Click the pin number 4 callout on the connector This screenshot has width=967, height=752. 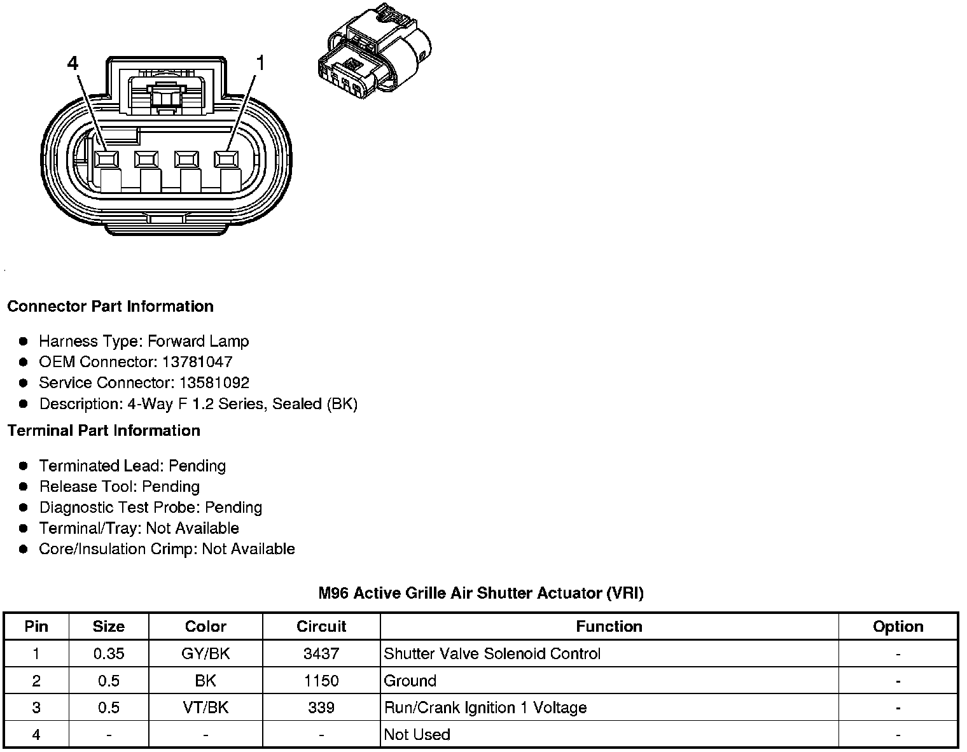click(x=73, y=64)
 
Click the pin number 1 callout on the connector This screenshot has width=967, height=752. click(x=260, y=63)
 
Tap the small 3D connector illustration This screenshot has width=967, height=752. click(x=374, y=51)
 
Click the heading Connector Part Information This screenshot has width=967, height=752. click(x=110, y=306)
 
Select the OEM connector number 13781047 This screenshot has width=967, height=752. click(x=197, y=362)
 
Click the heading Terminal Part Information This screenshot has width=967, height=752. click(x=104, y=431)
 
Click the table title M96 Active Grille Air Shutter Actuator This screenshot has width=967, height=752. click(x=481, y=593)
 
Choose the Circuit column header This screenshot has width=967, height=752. click(x=321, y=627)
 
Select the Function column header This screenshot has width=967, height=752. click(x=609, y=627)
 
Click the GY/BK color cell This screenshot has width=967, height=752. click(x=205, y=653)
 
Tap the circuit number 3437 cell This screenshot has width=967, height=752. click(x=321, y=653)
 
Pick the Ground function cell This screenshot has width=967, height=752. click(x=410, y=681)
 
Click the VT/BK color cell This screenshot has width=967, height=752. click(x=205, y=707)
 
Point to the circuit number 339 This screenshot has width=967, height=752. click(x=321, y=707)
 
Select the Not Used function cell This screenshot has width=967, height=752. click(x=417, y=735)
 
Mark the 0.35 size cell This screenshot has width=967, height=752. click(x=109, y=653)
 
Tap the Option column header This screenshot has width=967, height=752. click(x=898, y=627)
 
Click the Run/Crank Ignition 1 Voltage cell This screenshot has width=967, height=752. click(x=485, y=707)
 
